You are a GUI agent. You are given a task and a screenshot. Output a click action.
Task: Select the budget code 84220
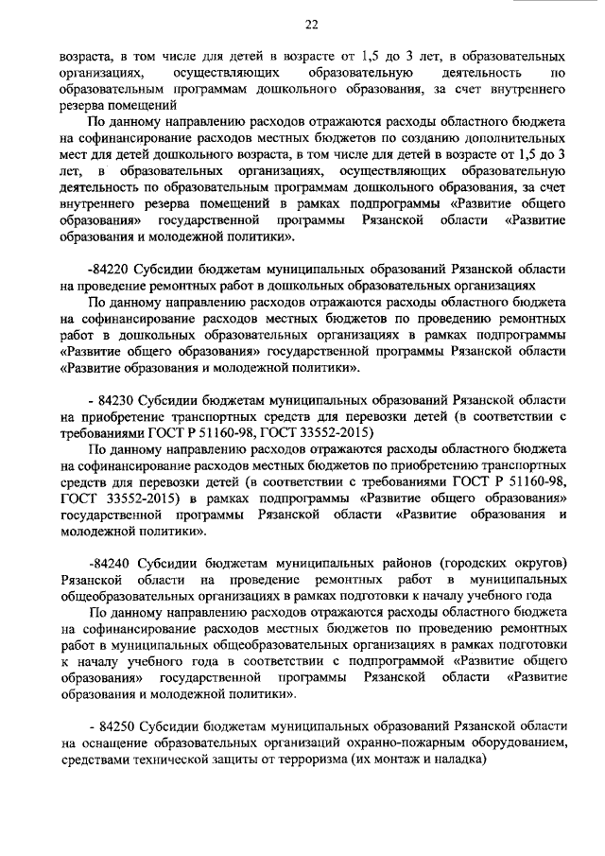coord(109,269)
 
